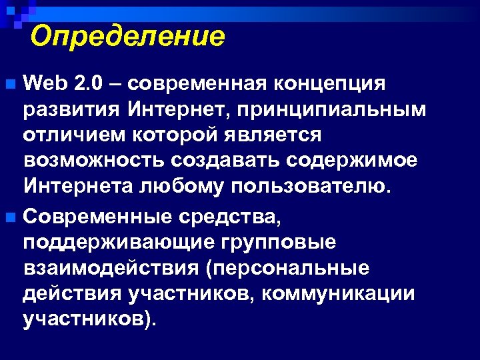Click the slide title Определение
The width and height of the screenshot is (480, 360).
tap(127, 36)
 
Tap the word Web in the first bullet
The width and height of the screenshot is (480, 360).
tap(45, 84)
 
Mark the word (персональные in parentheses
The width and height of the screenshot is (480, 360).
tap(289, 267)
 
